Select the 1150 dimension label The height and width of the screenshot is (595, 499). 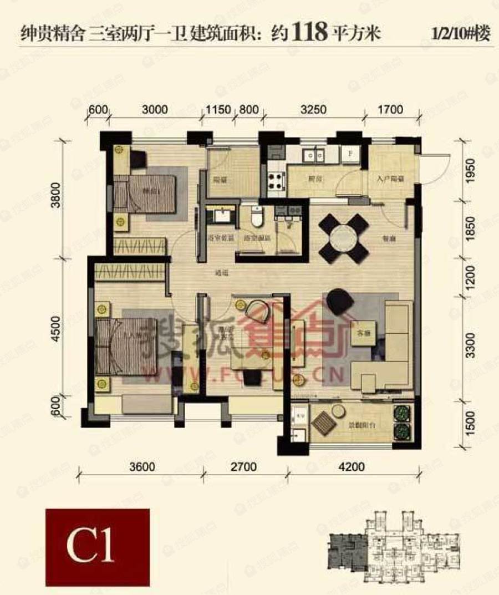point(218,109)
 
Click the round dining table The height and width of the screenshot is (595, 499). point(344,238)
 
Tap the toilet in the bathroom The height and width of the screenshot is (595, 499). point(257,216)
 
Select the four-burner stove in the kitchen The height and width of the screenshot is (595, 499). point(276,179)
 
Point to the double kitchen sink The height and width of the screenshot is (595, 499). point(314,155)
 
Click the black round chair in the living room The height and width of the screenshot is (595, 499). point(339,302)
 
